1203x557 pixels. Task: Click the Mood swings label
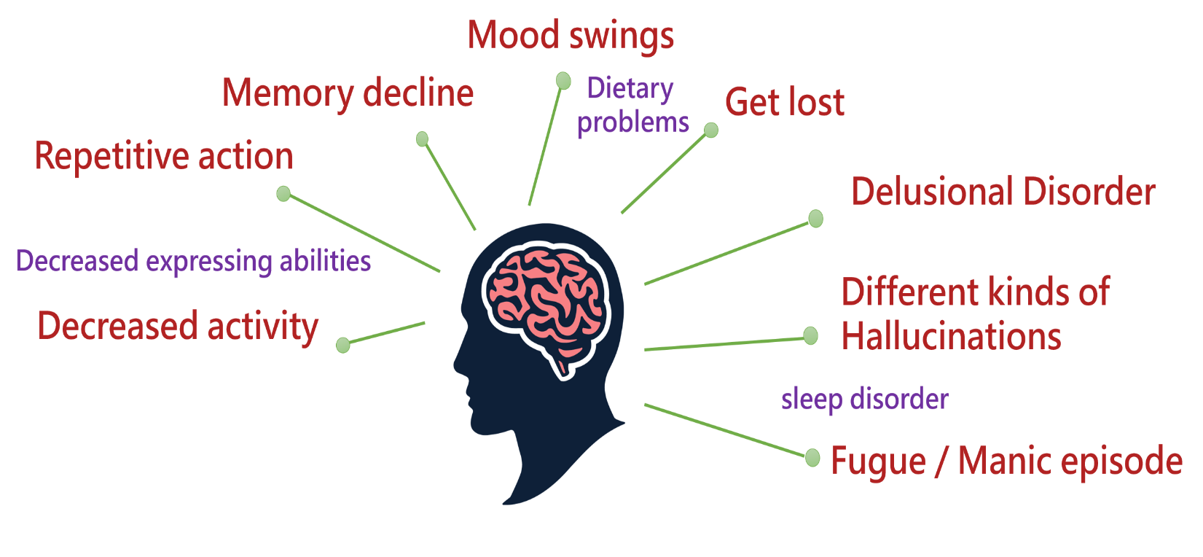point(571,36)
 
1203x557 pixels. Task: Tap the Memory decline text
point(348,93)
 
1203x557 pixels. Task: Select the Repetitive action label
point(164,156)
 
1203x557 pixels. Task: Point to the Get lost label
point(785,102)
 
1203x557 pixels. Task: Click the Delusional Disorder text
point(1003,191)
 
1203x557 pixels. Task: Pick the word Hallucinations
point(951,336)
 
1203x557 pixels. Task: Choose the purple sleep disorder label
point(865,399)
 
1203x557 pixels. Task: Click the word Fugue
point(878,461)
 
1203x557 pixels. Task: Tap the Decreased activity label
point(178,327)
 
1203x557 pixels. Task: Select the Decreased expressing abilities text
point(193,262)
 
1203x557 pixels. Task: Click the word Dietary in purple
point(630,89)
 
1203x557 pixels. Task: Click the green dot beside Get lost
point(711,130)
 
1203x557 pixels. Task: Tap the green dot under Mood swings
point(563,81)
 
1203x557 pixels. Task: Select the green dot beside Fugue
point(812,458)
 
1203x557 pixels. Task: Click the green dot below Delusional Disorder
point(816,219)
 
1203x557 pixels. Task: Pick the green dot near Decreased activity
point(342,346)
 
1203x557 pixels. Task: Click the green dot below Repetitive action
point(283,193)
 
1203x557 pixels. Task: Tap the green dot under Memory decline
point(422,139)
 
